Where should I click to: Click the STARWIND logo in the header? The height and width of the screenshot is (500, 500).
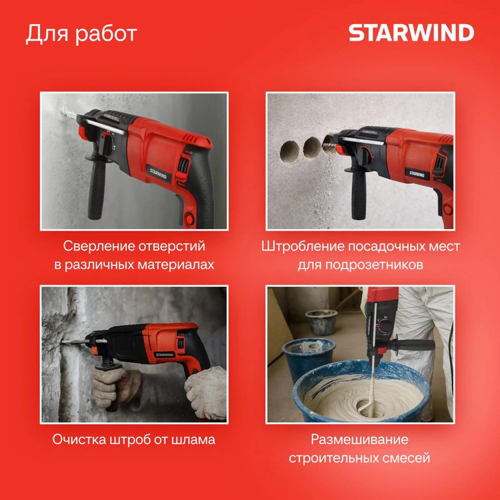411,33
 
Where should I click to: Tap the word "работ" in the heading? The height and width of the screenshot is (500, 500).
106,34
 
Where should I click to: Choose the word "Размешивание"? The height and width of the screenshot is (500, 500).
359,440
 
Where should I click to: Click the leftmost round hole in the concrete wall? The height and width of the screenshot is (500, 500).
289,151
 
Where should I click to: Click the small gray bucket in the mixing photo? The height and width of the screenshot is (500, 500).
321,322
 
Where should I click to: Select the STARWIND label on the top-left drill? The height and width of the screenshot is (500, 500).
158,174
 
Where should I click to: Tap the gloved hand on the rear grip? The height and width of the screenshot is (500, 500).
206,391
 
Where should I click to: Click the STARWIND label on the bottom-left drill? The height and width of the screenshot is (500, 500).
164,355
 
